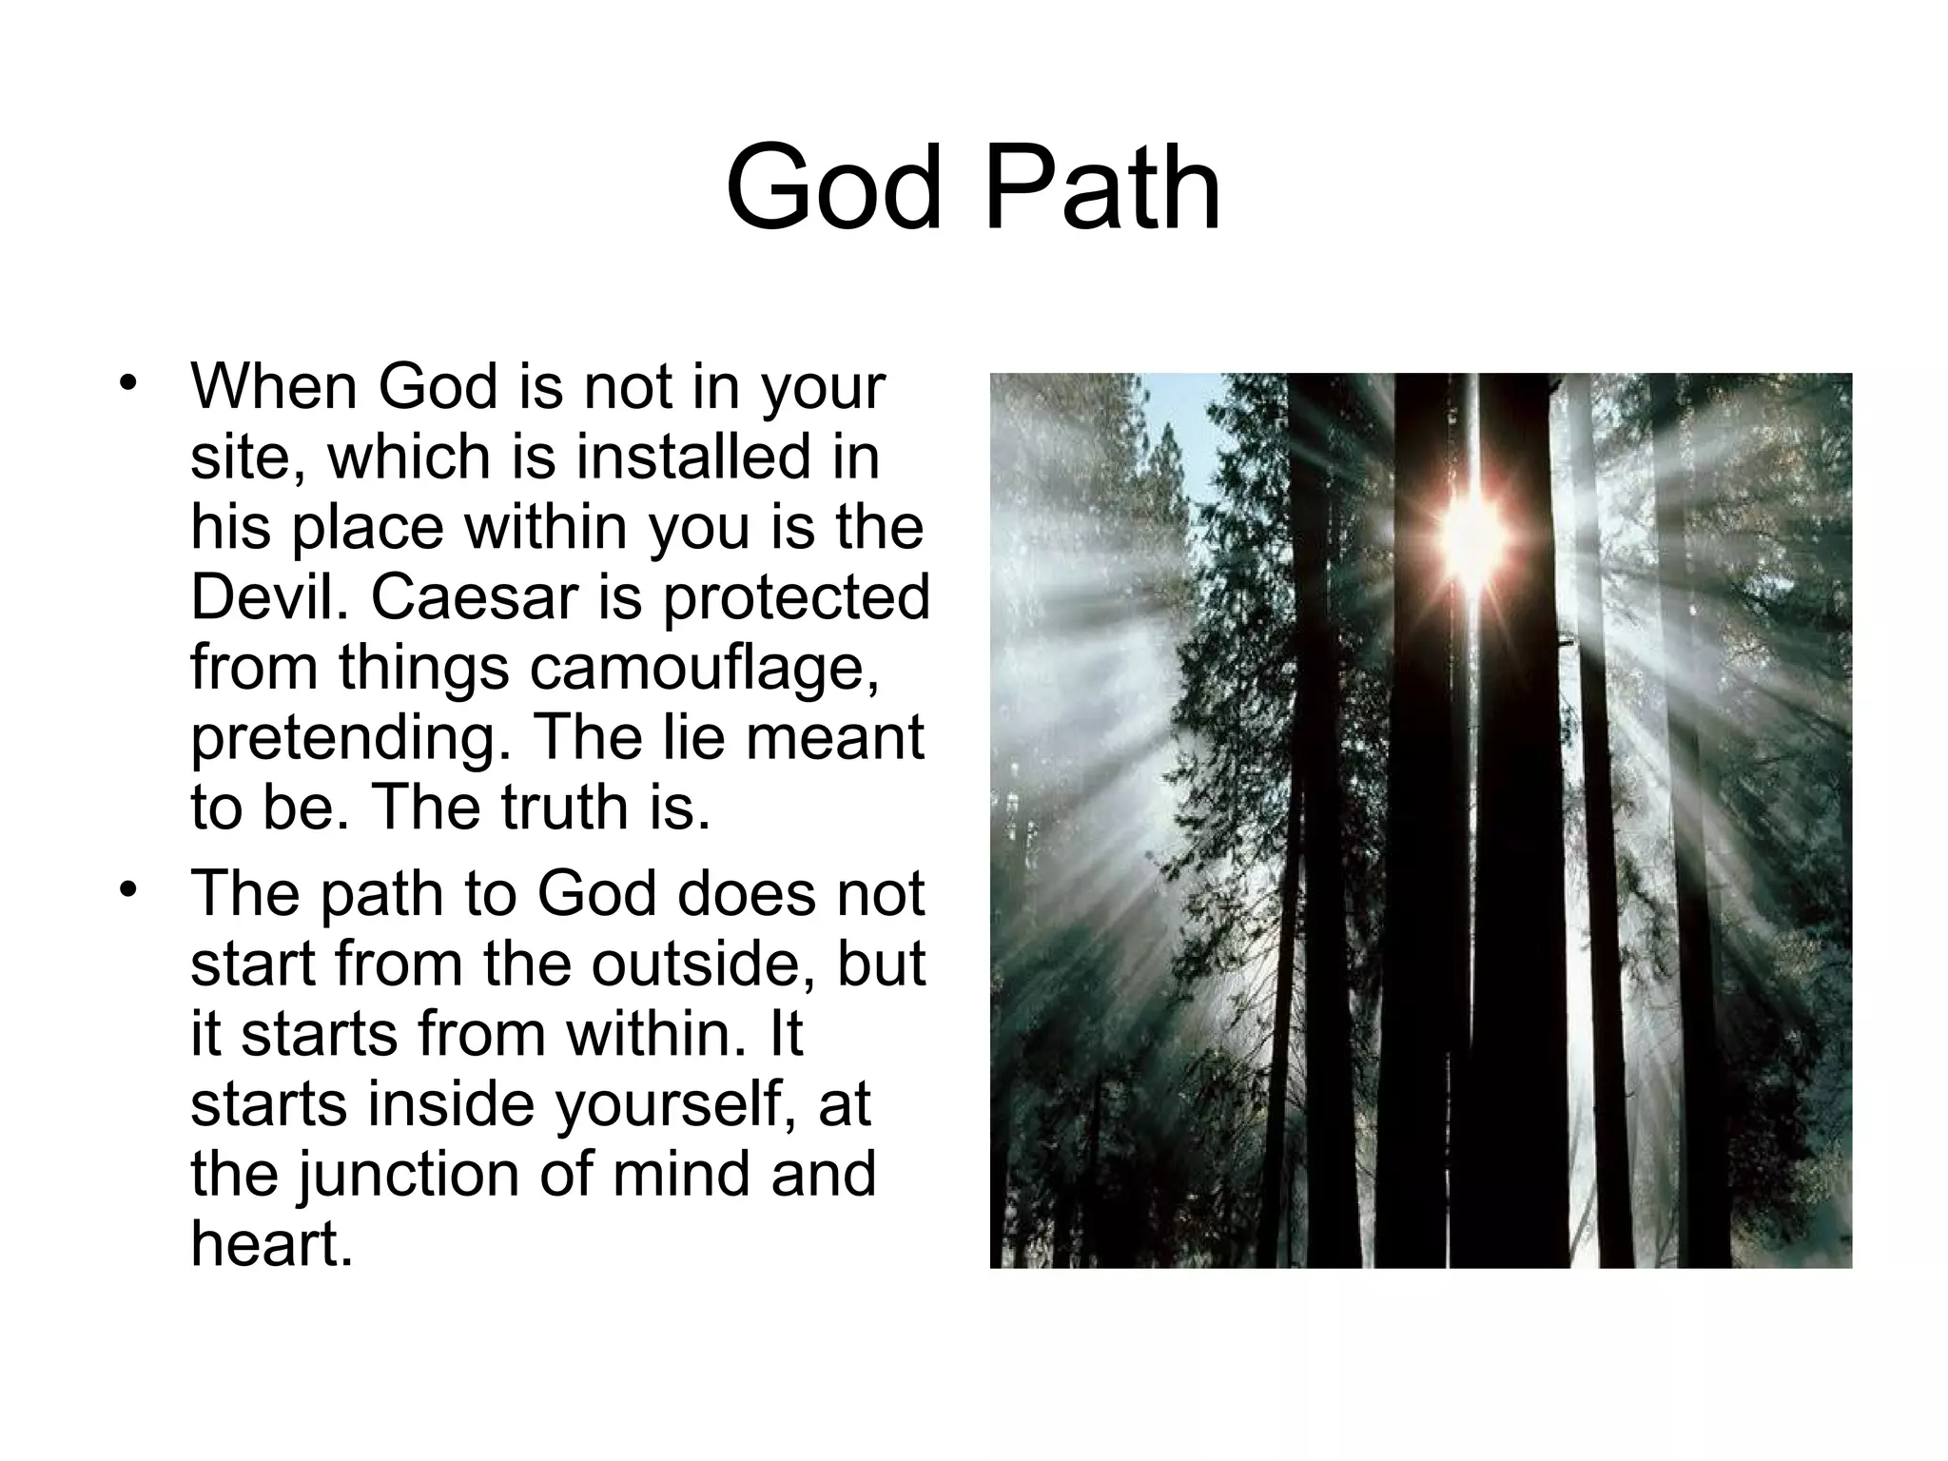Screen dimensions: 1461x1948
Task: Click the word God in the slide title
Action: coord(833,187)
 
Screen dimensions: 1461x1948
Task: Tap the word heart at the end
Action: coord(271,1243)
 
